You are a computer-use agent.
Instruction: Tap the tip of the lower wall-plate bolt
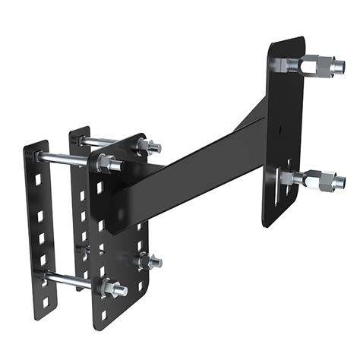tap(342, 182)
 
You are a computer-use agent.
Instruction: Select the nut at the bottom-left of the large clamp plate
tap(112, 288)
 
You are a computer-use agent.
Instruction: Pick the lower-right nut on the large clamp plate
tap(149, 262)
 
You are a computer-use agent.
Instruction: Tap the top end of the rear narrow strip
tap(80, 131)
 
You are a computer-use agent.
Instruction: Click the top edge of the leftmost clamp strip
tap(33, 144)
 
